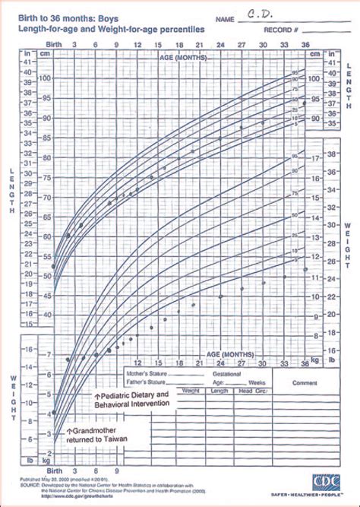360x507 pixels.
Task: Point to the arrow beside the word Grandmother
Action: pyautogui.click(x=71, y=429)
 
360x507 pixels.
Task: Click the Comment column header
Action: pyautogui.click(x=304, y=383)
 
